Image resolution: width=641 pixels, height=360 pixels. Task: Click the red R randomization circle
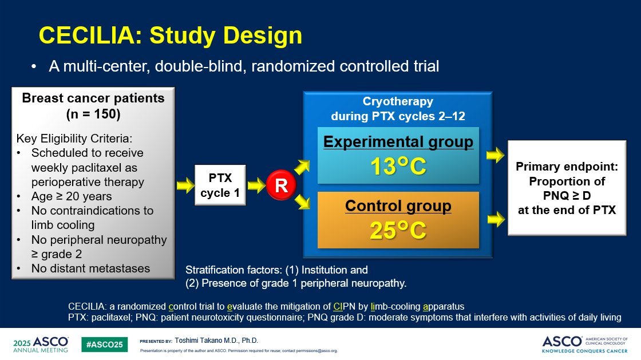click(281, 185)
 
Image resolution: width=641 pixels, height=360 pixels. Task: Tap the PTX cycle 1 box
click(220, 185)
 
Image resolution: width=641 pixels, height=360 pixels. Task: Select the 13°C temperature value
click(398, 167)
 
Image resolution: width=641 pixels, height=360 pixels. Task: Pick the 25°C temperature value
click(398, 231)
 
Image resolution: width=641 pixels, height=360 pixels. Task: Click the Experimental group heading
click(398, 142)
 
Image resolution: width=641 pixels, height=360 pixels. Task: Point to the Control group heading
click(398, 206)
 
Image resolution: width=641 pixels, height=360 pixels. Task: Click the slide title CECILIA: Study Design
click(171, 35)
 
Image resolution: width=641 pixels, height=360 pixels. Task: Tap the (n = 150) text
click(93, 114)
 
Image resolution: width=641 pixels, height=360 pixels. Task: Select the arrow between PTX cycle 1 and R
click(256, 185)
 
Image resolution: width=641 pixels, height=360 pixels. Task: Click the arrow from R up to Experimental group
click(302, 167)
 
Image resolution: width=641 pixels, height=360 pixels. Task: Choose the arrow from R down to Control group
click(302, 202)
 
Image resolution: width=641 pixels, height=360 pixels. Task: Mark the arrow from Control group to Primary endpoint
click(496, 219)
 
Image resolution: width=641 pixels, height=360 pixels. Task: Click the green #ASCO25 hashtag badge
click(105, 345)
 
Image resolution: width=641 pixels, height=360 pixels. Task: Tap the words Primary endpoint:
click(567, 167)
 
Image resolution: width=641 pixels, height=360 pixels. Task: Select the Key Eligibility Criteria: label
click(74, 139)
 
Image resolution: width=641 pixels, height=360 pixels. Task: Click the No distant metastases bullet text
click(91, 268)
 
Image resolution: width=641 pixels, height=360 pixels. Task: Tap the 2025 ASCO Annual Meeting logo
click(41, 345)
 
